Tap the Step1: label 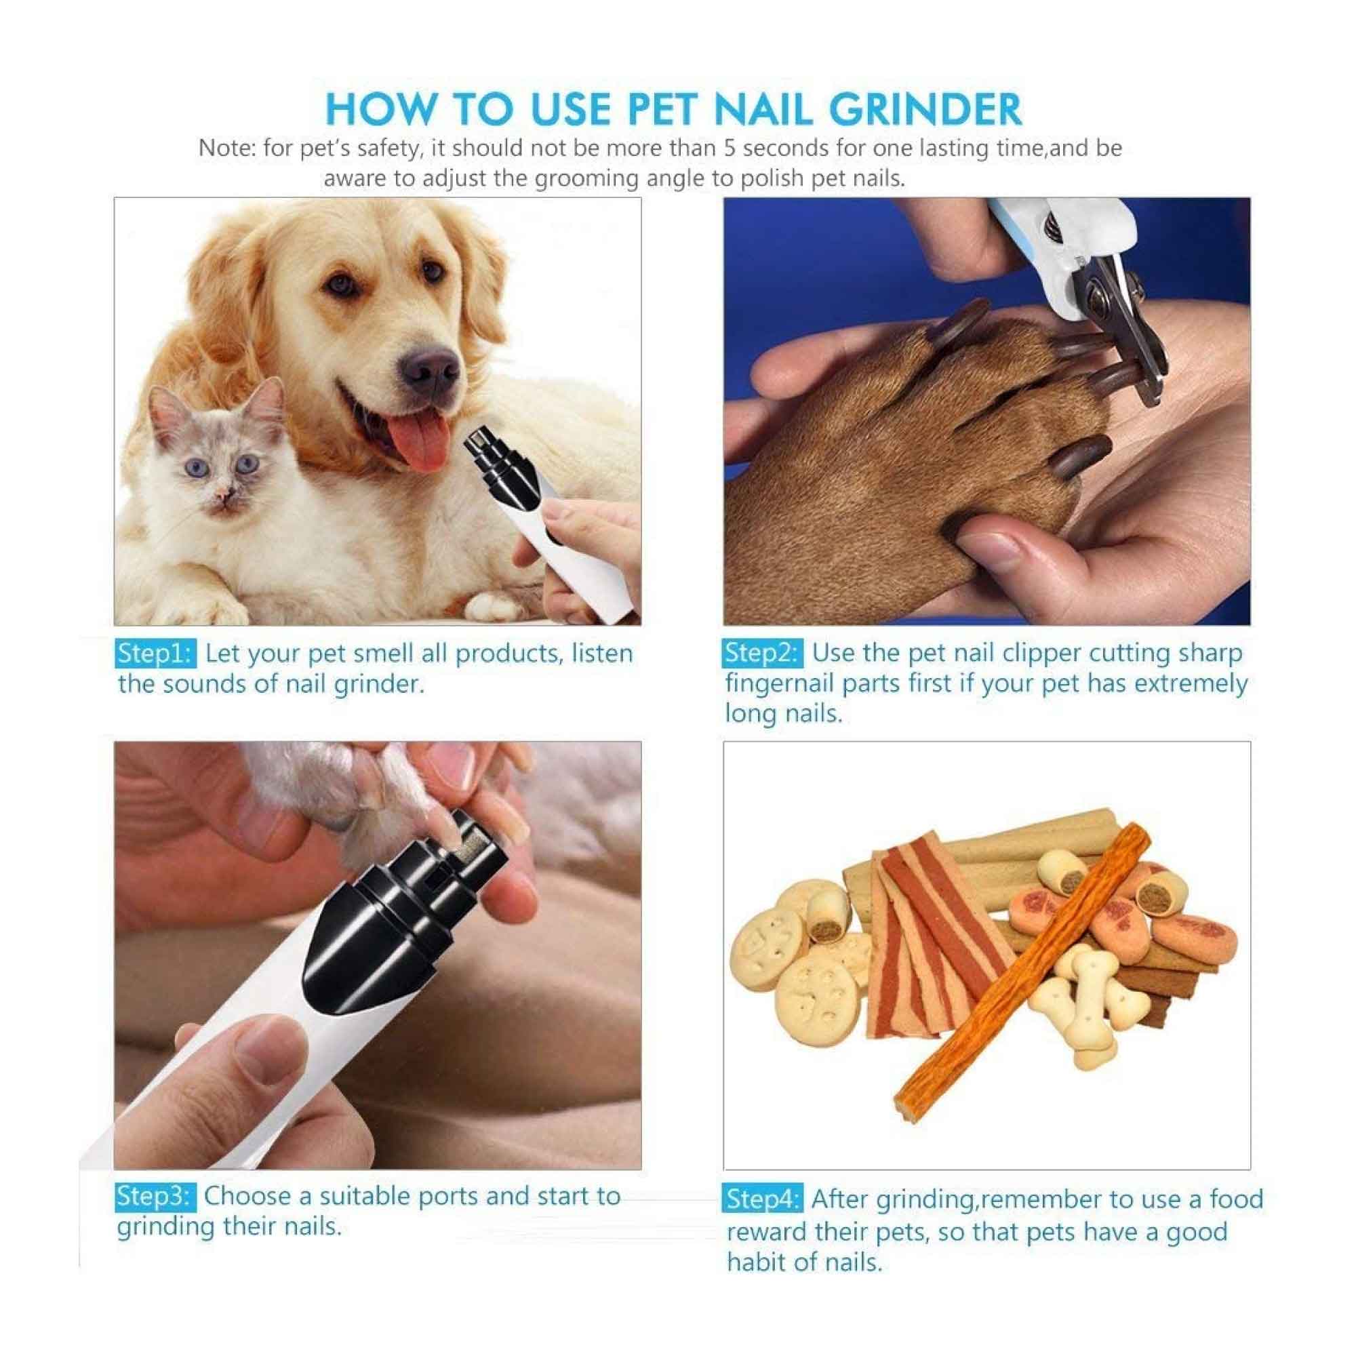pos(154,654)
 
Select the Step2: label pos(761,653)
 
